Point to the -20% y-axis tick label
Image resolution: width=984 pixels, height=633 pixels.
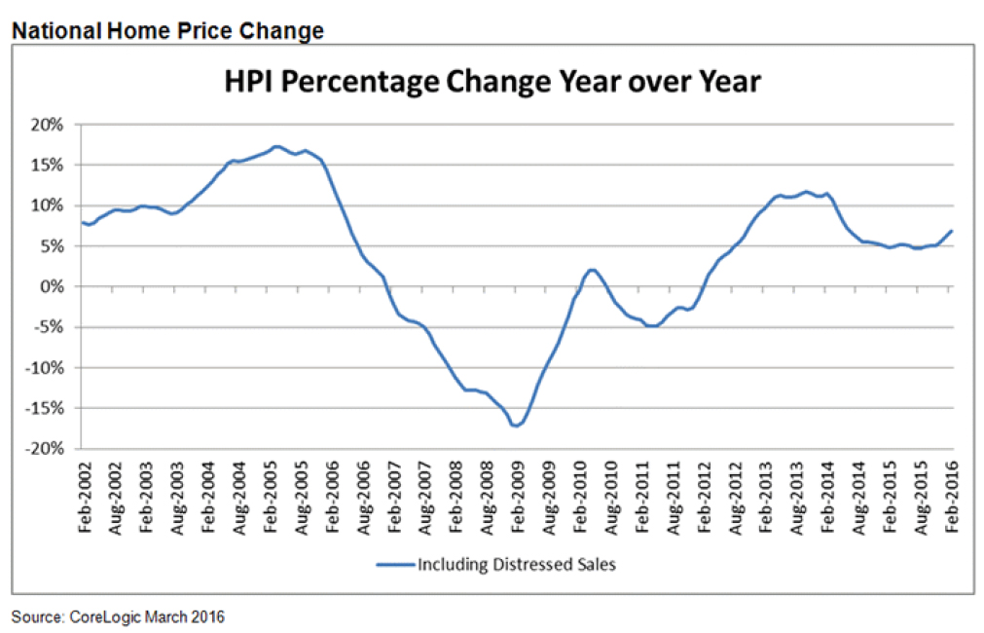click(46, 449)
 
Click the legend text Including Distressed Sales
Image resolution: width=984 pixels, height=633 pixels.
click(517, 564)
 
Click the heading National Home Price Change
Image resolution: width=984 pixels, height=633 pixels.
click(166, 31)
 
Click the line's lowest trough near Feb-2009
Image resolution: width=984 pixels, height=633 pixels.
click(516, 426)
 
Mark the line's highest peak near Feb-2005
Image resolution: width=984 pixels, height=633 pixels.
click(276, 146)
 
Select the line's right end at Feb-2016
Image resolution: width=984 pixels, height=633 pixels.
click(951, 231)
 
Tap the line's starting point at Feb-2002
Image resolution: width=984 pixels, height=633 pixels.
click(83, 223)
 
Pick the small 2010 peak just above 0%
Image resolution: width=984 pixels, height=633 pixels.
click(592, 270)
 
